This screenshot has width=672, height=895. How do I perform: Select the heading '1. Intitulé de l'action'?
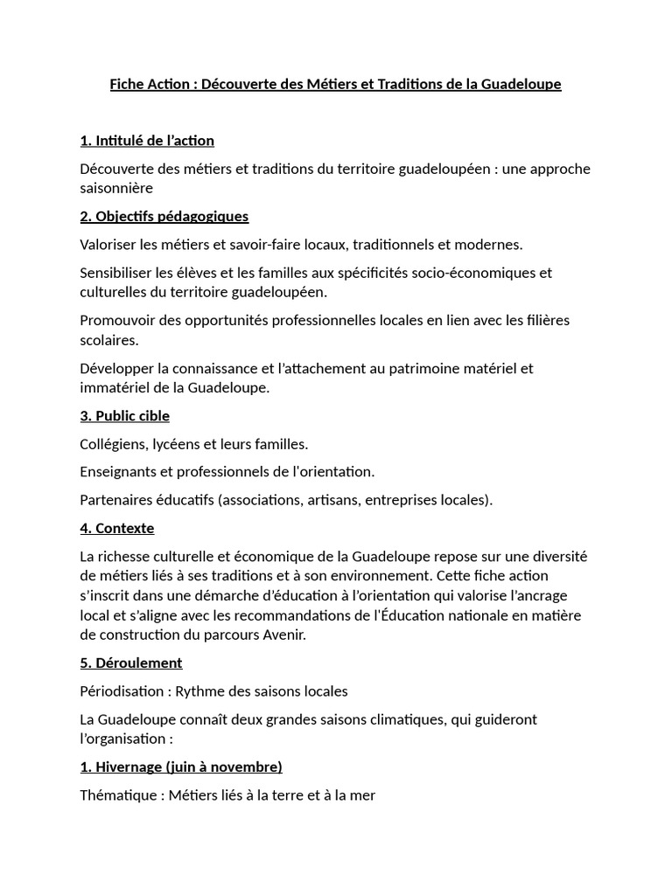(147, 141)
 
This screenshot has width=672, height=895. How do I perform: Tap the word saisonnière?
(116, 188)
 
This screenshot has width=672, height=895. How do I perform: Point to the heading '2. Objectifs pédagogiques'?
(164, 216)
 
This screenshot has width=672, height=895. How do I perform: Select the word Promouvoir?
(116, 320)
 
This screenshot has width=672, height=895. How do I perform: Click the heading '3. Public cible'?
(124, 415)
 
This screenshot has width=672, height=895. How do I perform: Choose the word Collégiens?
(114, 444)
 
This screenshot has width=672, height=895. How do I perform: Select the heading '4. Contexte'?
(116, 528)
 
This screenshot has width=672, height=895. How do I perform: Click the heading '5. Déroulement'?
(130, 663)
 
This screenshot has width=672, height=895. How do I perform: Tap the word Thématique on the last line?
(117, 795)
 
